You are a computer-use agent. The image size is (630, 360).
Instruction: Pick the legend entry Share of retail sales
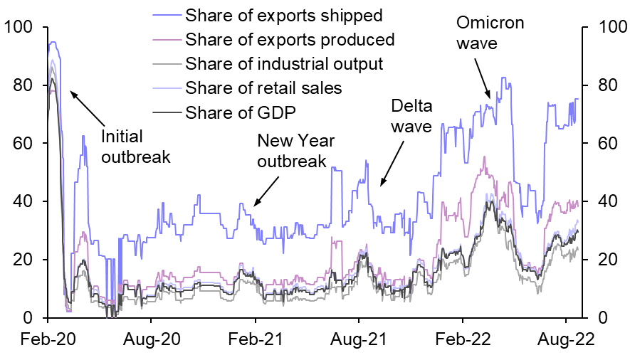point(263,88)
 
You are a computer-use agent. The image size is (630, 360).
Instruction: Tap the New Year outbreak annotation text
point(292,150)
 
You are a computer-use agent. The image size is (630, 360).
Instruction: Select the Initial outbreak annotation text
point(136,146)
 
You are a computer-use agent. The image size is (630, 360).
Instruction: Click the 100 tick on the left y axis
point(21,27)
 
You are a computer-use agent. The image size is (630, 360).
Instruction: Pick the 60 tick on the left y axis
point(26,144)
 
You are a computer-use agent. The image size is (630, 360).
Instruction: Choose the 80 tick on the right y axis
point(602,85)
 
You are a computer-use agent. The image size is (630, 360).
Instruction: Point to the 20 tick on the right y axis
point(602,260)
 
